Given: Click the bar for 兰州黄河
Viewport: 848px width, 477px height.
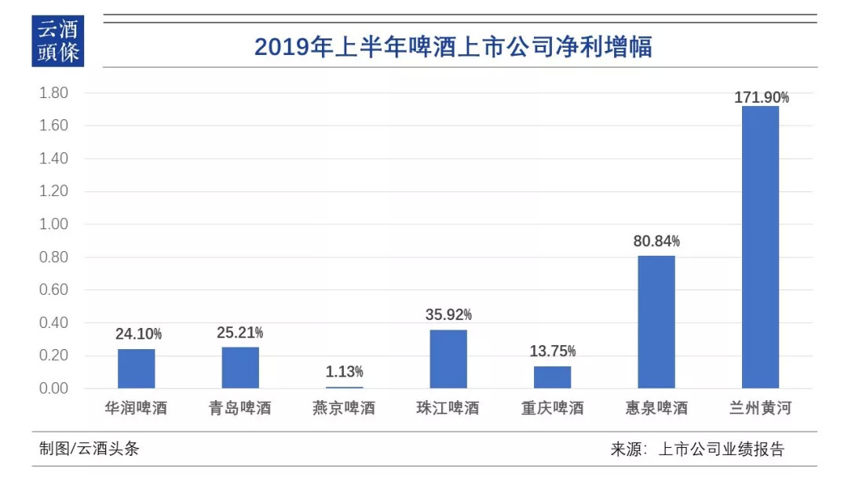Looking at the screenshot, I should (x=760, y=247).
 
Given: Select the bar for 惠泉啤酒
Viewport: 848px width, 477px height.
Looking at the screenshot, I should (x=656, y=322).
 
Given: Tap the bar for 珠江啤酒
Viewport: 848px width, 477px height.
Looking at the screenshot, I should (x=448, y=359).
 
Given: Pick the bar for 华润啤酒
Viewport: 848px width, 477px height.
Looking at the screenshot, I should (x=137, y=369).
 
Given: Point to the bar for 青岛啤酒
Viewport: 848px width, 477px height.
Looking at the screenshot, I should (x=240, y=367).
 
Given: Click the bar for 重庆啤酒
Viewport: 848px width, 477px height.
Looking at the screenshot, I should (x=552, y=377).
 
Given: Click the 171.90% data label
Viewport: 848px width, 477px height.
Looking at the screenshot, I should (x=762, y=97).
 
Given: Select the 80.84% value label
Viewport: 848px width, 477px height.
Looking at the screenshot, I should (x=656, y=242).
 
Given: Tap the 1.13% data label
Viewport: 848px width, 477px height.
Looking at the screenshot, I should (x=345, y=372).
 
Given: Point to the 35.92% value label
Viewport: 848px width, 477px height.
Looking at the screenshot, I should (x=448, y=315).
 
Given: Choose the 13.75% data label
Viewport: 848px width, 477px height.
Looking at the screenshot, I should (x=552, y=351).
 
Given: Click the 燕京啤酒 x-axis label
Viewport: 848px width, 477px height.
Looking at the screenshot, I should (x=345, y=409).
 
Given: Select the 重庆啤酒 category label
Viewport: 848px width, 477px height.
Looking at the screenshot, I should (x=552, y=409).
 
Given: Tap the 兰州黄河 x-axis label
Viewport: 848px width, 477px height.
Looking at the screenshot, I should (x=760, y=409).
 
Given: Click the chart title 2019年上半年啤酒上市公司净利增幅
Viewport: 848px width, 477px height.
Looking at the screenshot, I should (x=453, y=47).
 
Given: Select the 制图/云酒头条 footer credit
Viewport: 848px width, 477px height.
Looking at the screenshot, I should (x=89, y=449).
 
